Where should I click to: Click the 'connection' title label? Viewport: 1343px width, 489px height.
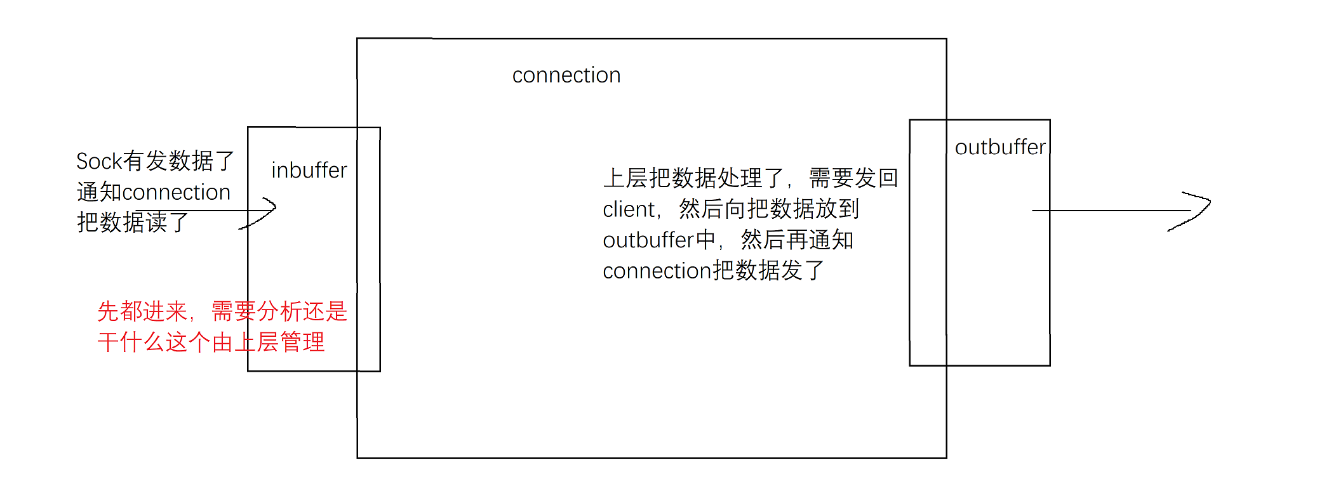point(566,75)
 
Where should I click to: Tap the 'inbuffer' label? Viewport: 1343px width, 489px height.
point(309,171)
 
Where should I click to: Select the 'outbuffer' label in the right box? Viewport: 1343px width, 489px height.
point(1000,147)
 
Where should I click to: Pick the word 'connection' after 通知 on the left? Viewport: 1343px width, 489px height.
point(176,192)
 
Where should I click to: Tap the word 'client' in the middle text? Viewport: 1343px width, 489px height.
point(629,209)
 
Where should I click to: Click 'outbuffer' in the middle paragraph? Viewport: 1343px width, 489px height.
point(648,240)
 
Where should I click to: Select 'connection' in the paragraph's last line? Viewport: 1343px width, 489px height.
point(657,271)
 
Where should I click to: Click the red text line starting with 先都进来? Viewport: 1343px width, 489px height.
point(222,311)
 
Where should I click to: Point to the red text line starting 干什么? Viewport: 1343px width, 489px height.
point(211,342)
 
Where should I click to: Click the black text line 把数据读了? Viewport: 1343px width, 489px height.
point(133,223)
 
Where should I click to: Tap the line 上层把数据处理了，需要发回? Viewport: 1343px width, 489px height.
point(751,178)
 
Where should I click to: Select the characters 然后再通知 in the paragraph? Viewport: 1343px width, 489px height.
point(797,240)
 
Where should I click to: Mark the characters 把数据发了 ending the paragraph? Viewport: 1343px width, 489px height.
point(768,271)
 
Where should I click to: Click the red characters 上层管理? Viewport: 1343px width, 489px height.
point(279,342)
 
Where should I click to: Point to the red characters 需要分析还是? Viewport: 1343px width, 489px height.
point(279,311)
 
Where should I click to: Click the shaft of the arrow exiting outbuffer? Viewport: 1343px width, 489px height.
point(1111,211)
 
